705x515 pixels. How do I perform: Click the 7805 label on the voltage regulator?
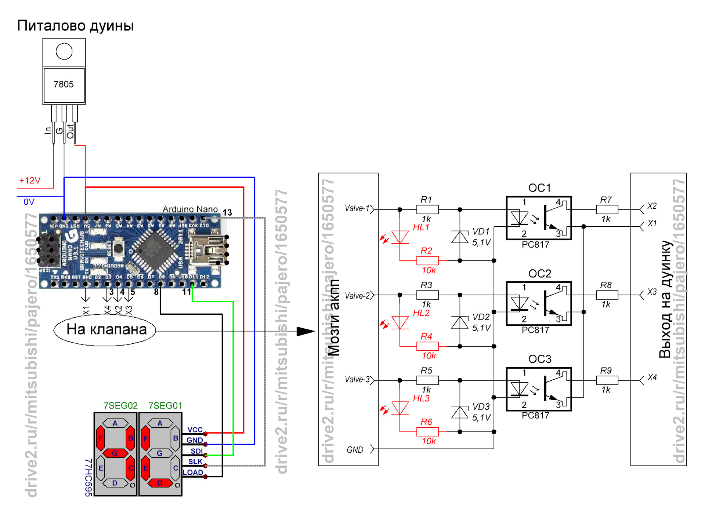pyautogui.click(x=64, y=84)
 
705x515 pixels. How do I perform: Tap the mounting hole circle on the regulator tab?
pyautogui.click(x=64, y=51)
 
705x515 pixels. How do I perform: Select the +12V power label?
pyautogui.click(x=30, y=180)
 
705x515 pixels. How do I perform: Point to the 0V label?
pyautogui.click(x=29, y=202)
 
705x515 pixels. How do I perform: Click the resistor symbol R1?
pyautogui.click(x=427, y=209)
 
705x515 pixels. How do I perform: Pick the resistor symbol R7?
pyautogui.click(x=607, y=209)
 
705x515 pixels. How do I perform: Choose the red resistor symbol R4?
pyautogui.click(x=427, y=346)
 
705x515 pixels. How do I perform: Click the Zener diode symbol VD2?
pyautogui.click(x=460, y=322)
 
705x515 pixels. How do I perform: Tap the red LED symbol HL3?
pyautogui.click(x=400, y=408)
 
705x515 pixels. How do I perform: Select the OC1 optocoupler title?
pyautogui.click(x=539, y=188)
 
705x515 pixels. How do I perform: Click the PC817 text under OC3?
pyautogui.click(x=535, y=415)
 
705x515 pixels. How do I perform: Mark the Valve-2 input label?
pyautogui.click(x=357, y=296)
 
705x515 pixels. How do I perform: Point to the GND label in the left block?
pyautogui.click(x=355, y=450)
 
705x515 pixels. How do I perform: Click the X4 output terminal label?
pyautogui.click(x=652, y=377)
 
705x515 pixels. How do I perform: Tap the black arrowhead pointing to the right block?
pyautogui.click(x=305, y=331)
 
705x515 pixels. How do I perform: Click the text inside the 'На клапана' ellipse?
pyautogui.click(x=106, y=329)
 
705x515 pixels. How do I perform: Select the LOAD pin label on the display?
pyautogui.click(x=193, y=472)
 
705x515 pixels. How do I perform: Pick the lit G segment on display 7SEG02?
pyautogui.click(x=115, y=453)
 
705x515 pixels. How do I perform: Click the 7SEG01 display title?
pyautogui.click(x=165, y=405)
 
